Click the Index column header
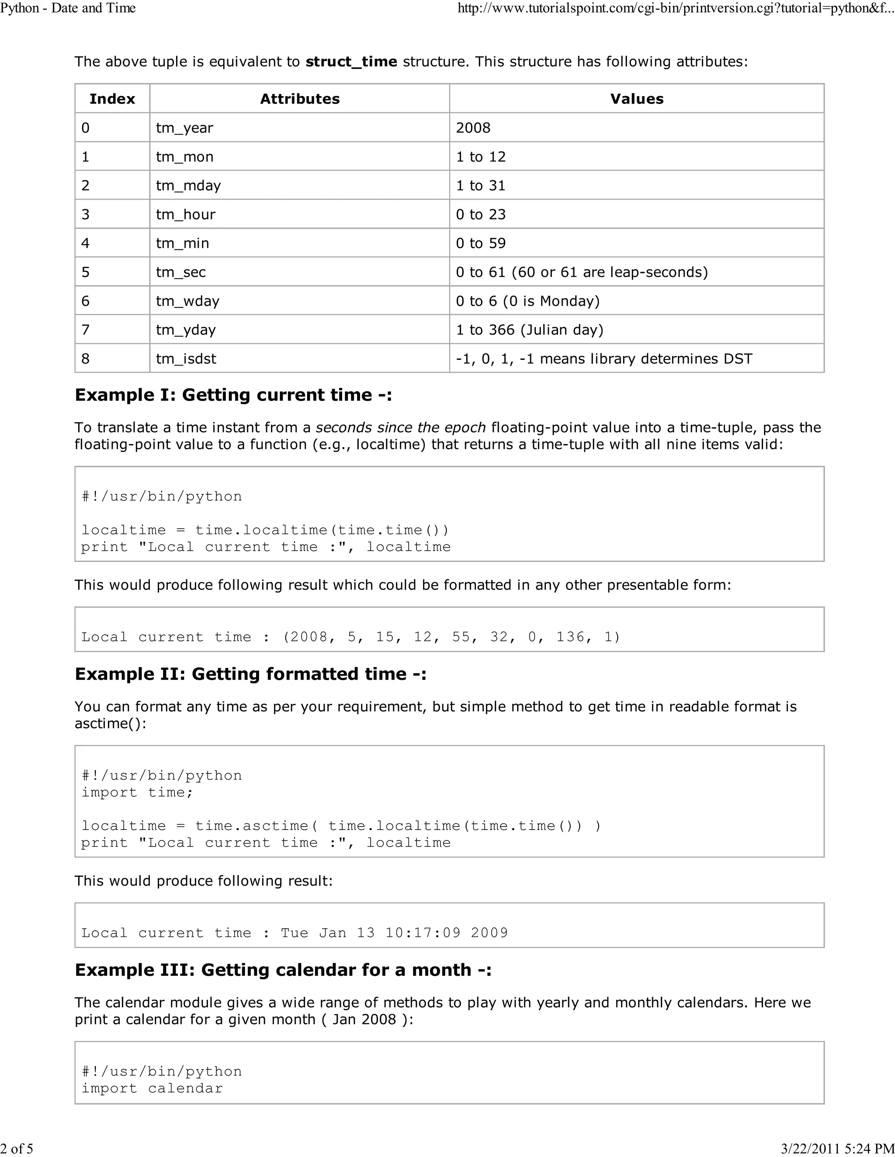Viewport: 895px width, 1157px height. click(x=112, y=99)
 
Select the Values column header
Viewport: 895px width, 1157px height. click(x=636, y=99)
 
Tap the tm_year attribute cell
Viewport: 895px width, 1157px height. click(x=184, y=127)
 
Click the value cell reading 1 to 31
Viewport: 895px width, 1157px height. click(x=480, y=186)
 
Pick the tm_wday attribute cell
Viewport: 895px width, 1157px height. click(x=187, y=301)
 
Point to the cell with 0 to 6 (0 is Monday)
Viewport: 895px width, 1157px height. click(x=527, y=301)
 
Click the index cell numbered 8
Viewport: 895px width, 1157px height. click(x=85, y=358)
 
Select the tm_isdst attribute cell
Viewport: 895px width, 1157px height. click(x=186, y=358)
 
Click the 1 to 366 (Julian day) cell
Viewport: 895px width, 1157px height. click(x=530, y=330)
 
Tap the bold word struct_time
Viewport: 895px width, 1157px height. click(x=351, y=62)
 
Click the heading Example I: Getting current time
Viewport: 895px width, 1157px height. click(x=233, y=395)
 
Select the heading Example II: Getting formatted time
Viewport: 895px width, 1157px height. click(x=250, y=674)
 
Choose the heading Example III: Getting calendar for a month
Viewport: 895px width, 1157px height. click(x=283, y=969)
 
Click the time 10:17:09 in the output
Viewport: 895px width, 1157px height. click(x=423, y=933)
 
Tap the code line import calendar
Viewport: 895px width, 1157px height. click(x=152, y=1088)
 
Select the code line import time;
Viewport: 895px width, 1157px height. click(x=137, y=792)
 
